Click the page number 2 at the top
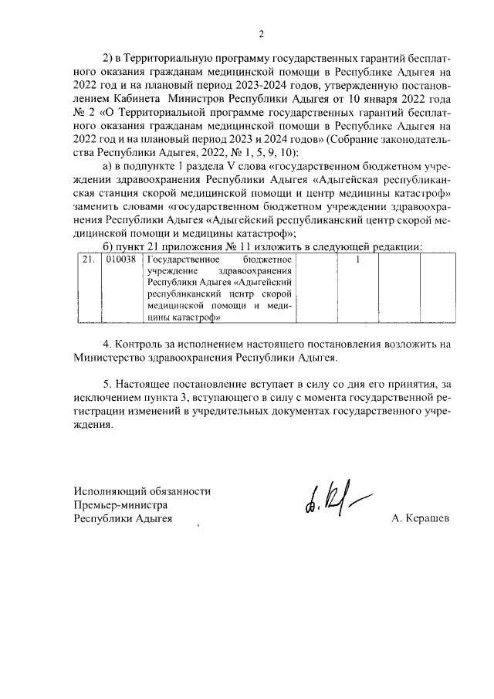coord(261,33)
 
